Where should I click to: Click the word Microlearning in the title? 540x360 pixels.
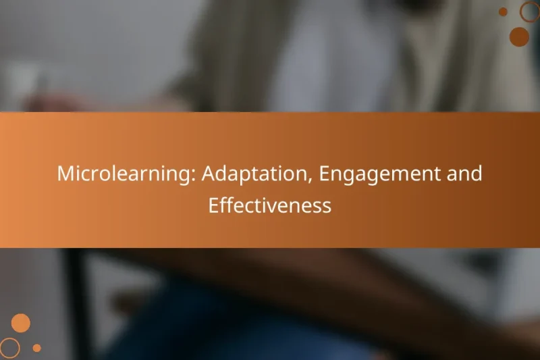[124, 174]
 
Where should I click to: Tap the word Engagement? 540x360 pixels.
[380, 174]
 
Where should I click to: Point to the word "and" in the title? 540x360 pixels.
[464, 174]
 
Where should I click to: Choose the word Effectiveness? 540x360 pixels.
[270, 205]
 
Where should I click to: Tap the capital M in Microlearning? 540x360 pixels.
[65, 174]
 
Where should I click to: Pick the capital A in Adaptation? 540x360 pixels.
[209, 174]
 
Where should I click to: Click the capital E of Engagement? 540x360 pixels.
[325, 174]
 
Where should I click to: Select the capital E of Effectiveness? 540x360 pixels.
[213, 205]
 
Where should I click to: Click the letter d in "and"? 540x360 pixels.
[477, 174]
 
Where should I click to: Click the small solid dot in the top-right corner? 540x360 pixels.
[503, 11]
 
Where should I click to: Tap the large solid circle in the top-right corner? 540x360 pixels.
[519, 37]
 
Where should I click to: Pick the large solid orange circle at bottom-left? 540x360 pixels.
[21, 323]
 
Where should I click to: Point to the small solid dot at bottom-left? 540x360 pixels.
[37, 348]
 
